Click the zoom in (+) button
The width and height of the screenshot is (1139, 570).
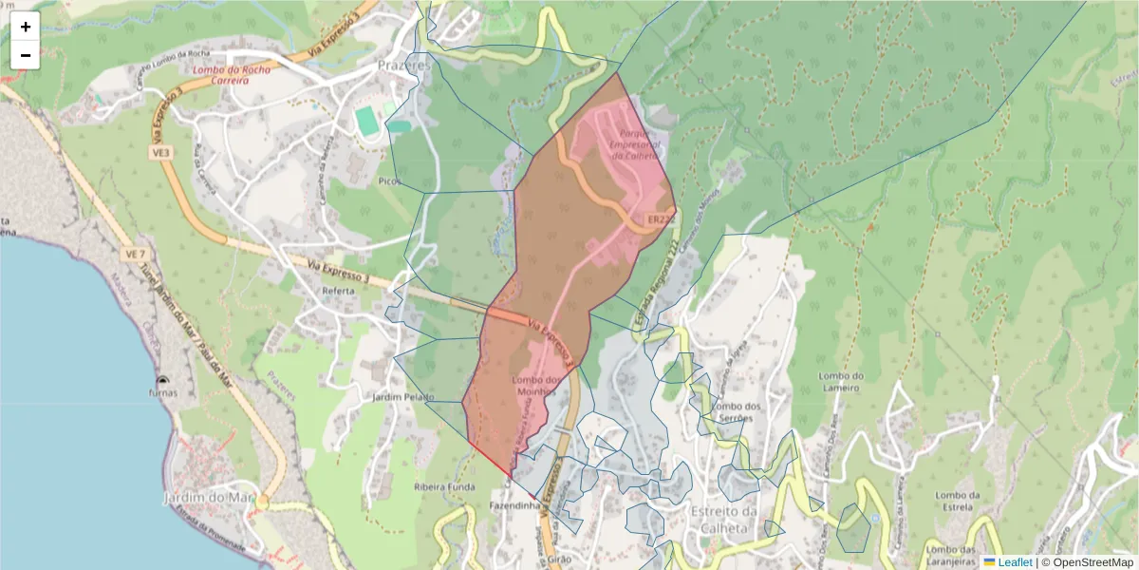click(26, 27)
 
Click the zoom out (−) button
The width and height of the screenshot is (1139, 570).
click(26, 55)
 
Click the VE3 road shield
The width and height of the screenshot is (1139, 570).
click(159, 151)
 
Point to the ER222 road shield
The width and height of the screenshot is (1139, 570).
click(662, 219)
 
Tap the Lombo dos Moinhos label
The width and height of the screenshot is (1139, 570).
click(532, 385)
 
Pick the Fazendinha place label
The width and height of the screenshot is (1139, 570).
click(515, 506)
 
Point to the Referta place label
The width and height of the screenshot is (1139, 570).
click(338, 291)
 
